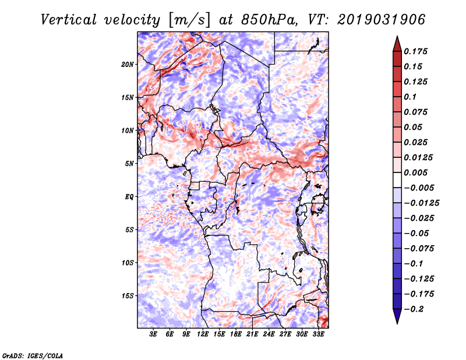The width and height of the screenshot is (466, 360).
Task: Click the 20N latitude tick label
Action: [x=127, y=64]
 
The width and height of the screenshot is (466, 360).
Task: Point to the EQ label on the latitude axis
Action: [x=129, y=196]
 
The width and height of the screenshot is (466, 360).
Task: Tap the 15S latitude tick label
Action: [x=128, y=295]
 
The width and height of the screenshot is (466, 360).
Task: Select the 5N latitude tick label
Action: [x=129, y=164]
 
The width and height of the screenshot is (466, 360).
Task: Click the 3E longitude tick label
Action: [x=153, y=334]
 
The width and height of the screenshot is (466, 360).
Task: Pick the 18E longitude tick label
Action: [x=235, y=334]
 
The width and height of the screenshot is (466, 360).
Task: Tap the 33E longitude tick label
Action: [x=318, y=334]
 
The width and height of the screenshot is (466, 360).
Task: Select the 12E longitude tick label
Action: [x=202, y=334]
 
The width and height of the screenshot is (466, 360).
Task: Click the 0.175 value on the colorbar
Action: [x=415, y=51]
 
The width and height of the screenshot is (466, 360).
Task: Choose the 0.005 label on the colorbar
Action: [x=415, y=172]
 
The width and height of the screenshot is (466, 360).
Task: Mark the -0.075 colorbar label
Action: [x=419, y=249]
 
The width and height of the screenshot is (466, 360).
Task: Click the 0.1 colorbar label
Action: [x=410, y=97]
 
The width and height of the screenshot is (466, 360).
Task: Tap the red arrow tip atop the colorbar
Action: [x=397, y=37]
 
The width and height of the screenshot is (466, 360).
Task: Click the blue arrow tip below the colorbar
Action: [x=397, y=323]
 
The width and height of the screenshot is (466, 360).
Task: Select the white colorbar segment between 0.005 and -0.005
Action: [x=397, y=180]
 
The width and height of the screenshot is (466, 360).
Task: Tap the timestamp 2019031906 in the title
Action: [x=381, y=20]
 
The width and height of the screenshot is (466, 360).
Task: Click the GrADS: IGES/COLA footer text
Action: [x=33, y=355]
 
